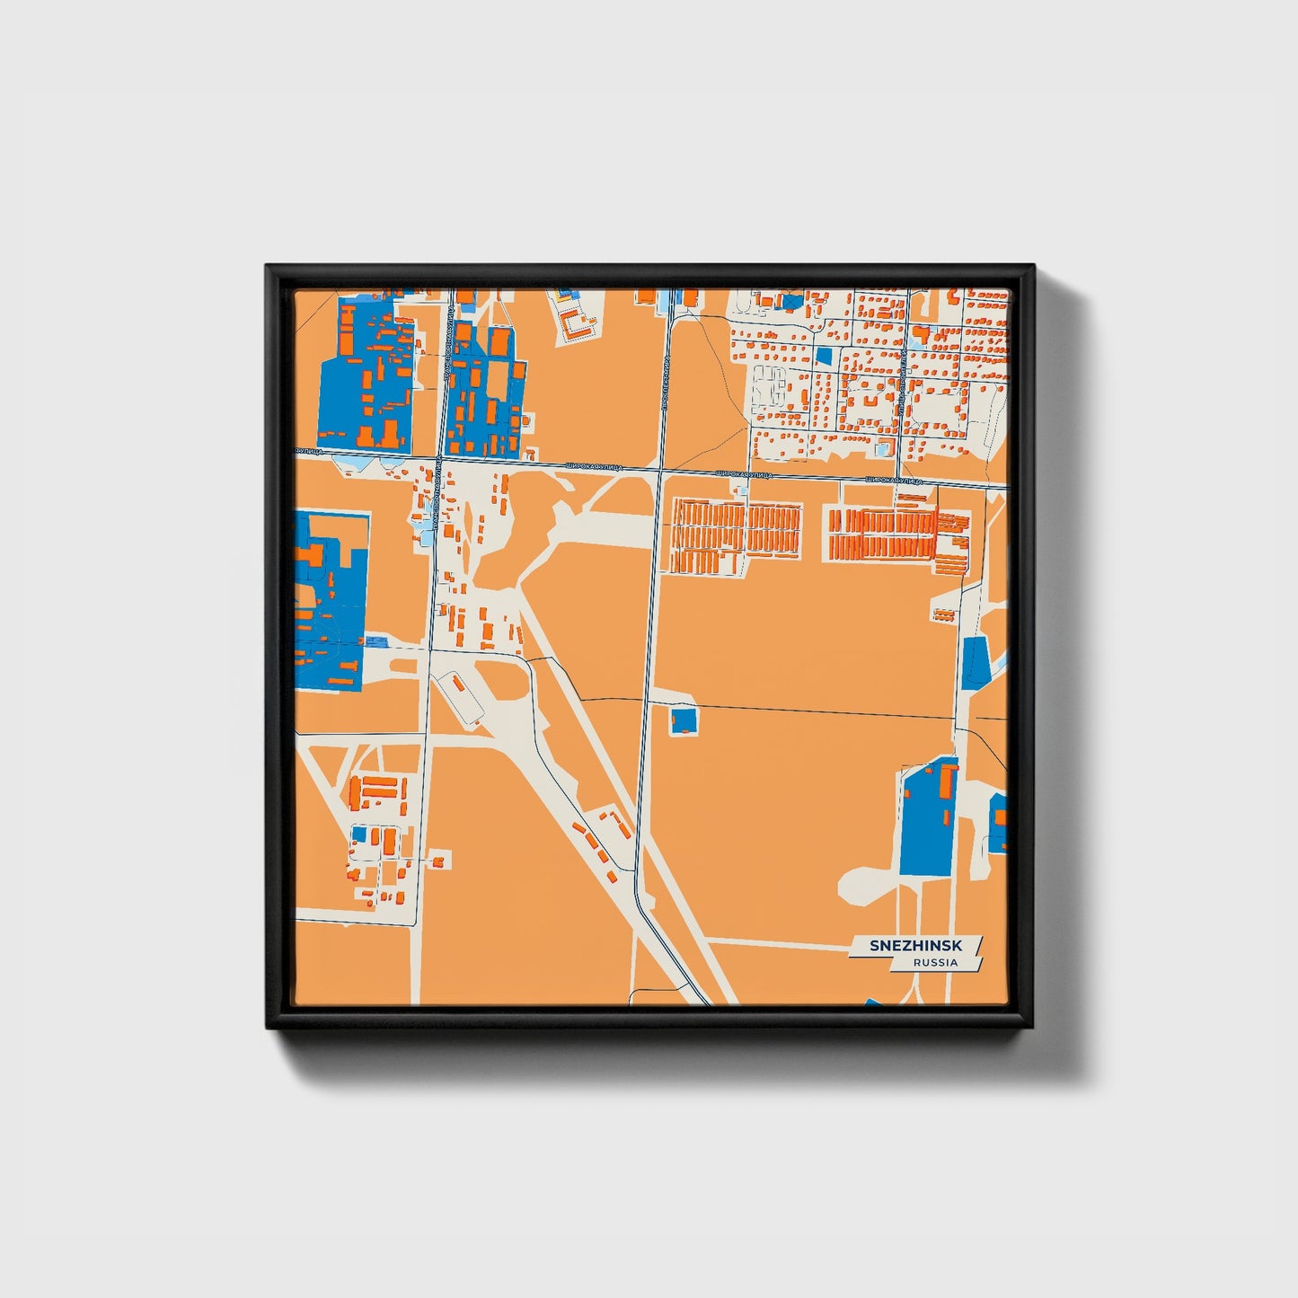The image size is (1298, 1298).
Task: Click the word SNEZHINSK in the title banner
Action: point(915,946)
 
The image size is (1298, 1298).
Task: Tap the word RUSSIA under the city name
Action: point(935,962)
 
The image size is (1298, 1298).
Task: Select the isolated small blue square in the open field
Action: point(684,720)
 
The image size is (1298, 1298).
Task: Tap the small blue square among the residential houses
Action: point(824,356)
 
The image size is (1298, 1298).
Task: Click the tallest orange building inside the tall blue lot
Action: point(949,782)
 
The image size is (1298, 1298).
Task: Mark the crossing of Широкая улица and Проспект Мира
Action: point(660,470)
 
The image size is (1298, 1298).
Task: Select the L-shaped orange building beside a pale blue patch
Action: point(920,335)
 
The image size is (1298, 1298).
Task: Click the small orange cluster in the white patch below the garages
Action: point(943,614)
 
